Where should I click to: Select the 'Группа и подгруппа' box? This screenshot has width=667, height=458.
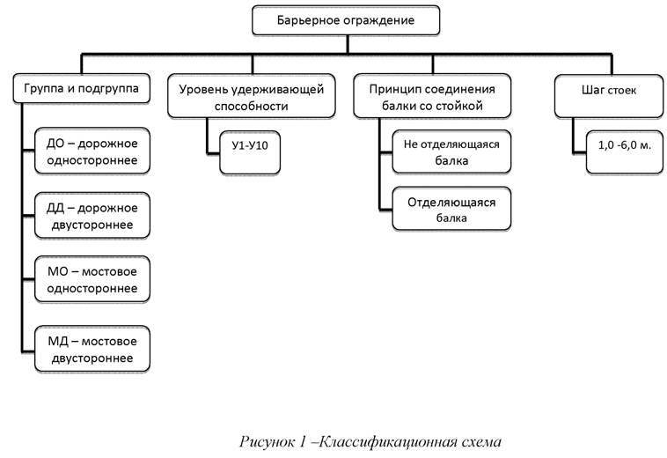(83, 89)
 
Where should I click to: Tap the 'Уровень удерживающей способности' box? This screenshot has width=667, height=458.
(252, 97)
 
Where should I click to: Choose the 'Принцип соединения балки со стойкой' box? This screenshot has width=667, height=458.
(431, 97)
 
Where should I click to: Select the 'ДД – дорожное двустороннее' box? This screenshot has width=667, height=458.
(92, 215)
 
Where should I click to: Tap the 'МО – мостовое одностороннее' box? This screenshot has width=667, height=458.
(92, 280)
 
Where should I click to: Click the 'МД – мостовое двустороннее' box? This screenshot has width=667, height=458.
(92, 349)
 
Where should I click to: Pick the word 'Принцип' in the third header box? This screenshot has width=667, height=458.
(388, 89)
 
